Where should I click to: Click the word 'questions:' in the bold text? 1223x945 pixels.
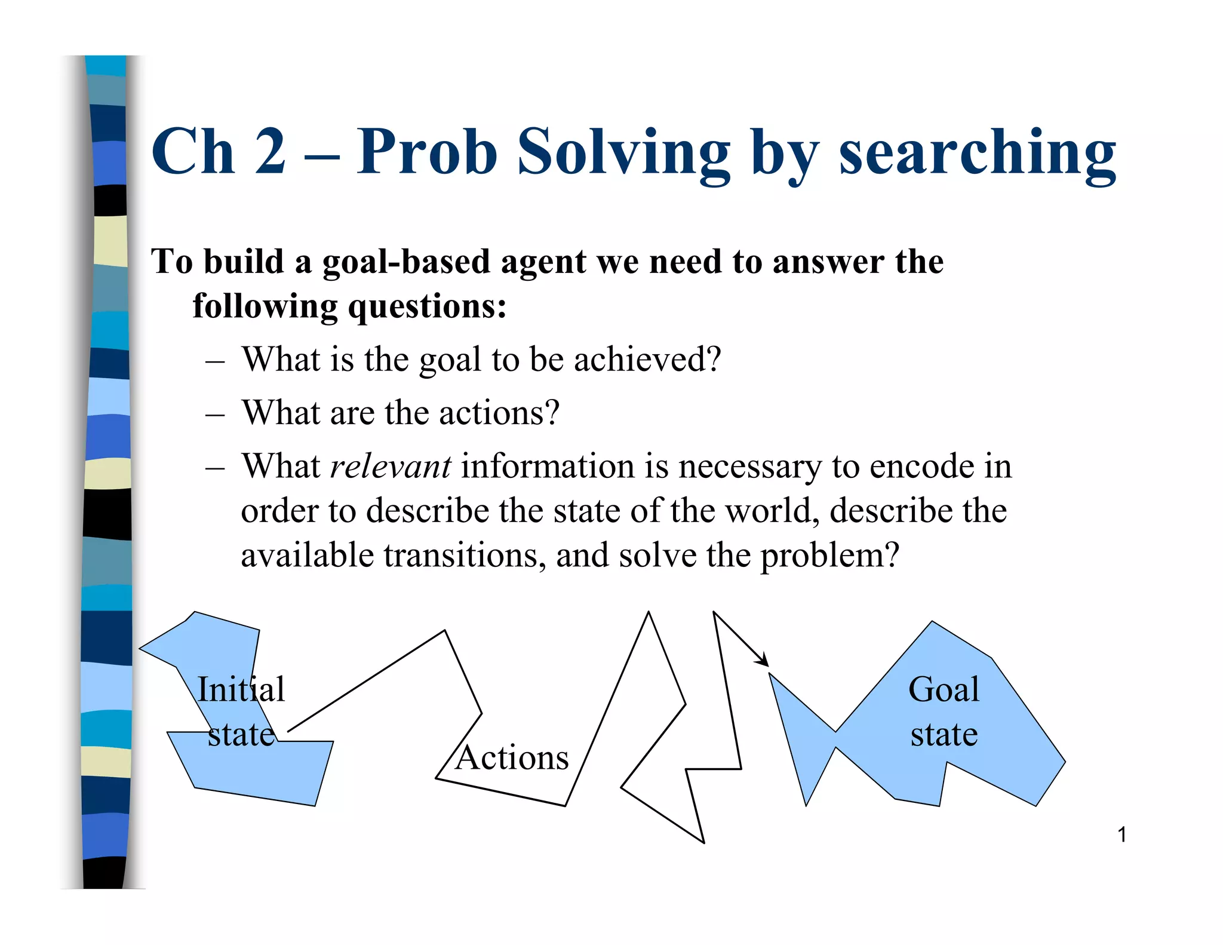(x=427, y=307)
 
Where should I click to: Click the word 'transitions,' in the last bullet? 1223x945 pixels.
(x=464, y=556)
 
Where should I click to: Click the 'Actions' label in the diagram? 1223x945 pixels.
(x=512, y=758)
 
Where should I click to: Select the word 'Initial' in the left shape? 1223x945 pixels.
(x=241, y=689)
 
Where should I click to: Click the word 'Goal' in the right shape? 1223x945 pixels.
(x=944, y=689)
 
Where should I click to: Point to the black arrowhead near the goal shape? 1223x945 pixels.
(x=763, y=661)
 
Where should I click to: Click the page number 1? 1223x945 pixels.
(x=1121, y=834)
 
